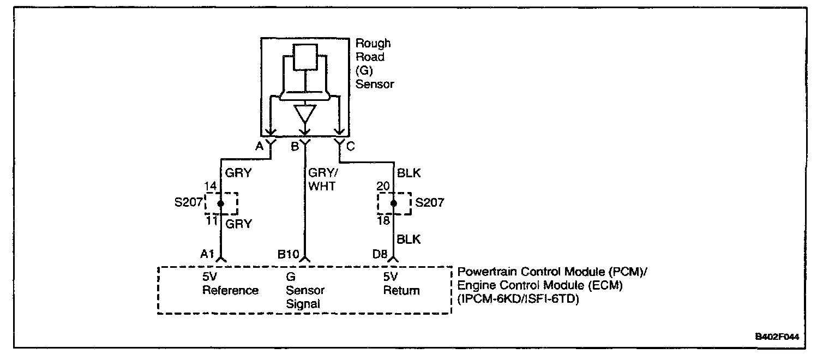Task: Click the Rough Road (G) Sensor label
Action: click(x=374, y=64)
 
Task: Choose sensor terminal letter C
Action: click(x=350, y=146)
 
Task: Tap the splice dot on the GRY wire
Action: click(x=221, y=203)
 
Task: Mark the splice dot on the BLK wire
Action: click(x=394, y=203)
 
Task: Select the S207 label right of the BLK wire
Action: click(x=429, y=203)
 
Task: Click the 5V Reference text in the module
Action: click(x=230, y=284)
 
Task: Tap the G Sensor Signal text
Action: click(x=305, y=290)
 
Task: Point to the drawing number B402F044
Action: click(x=777, y=337)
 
